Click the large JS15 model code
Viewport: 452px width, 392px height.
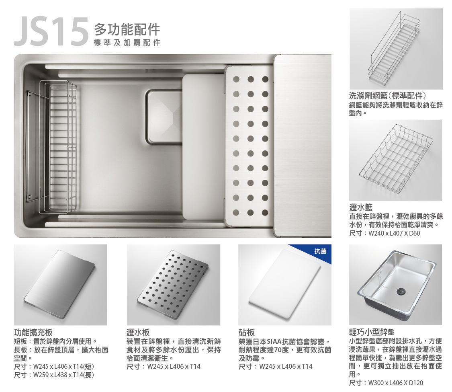(51, 32)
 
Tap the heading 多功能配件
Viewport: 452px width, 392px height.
(127, 30)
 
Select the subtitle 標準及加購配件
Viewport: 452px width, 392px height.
(127, 43)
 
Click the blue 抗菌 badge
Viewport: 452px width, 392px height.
(320, 251)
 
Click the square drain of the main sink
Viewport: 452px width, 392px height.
(164, 117)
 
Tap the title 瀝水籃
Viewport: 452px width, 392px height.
(361, 207)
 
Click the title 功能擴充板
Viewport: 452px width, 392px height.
(33, 332)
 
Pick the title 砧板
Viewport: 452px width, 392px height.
(247, 332)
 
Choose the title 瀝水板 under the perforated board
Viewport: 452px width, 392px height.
(138, 332)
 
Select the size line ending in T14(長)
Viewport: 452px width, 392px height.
(54, 375)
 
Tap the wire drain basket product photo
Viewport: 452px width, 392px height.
(395, 160)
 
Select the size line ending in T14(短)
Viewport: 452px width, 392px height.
(54, 367)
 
